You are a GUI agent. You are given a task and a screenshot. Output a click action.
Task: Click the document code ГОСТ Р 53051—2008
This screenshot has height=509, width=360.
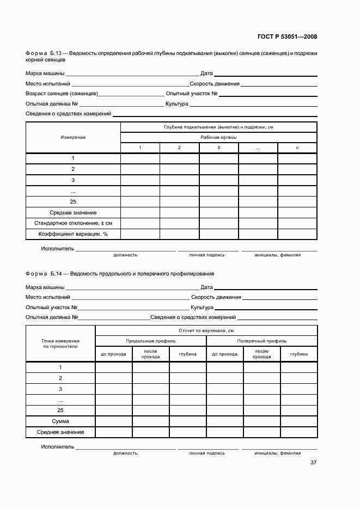(287, 37)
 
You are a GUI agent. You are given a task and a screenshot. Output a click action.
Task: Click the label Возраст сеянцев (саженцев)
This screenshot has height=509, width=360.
(62, 94)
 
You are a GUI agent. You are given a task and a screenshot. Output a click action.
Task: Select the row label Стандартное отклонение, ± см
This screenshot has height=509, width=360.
(73, 223)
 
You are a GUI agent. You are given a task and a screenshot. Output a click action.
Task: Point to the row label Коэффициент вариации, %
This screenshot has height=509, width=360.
(73, 234)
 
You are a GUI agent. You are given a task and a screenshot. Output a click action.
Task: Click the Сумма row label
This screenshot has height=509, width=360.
(60, 421)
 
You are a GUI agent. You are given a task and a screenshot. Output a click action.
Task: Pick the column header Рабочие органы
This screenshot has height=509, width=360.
(218, 137)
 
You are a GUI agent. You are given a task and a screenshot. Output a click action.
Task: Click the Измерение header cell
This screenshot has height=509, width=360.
(73, 137)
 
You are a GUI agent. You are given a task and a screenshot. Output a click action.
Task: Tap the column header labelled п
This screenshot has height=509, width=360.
(297, 148)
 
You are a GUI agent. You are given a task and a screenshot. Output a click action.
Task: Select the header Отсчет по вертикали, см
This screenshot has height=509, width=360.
(206, 330)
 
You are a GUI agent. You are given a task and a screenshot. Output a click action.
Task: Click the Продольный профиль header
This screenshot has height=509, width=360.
(151, 341)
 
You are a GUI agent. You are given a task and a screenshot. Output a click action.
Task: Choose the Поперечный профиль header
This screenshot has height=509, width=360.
(262, 341)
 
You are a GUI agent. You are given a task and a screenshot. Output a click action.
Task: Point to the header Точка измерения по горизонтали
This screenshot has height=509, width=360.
(60, 343)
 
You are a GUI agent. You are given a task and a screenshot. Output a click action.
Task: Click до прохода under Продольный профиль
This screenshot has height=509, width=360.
(114, 354)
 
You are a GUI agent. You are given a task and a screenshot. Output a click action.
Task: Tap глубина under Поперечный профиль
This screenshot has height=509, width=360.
(299, 354)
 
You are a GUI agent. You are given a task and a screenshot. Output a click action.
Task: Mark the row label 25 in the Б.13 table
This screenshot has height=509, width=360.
(73, 201)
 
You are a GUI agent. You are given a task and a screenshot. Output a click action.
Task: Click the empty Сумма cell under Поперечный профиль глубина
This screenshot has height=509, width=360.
(299, 421)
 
